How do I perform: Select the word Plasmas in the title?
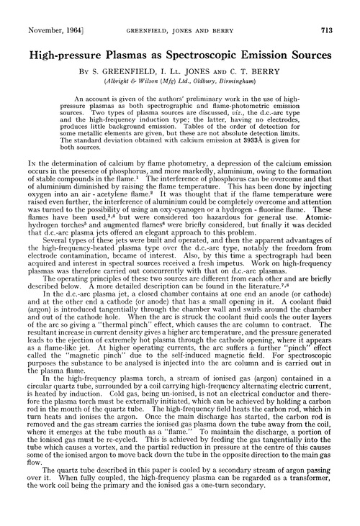click(x=123, y=34)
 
